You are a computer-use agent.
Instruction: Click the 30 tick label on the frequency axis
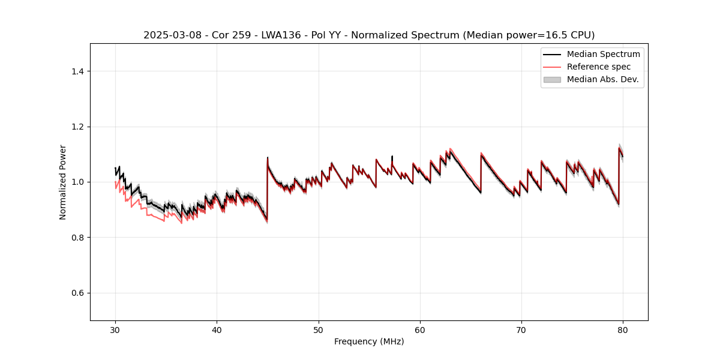tap(115, 330)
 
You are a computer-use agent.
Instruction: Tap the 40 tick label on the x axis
tap(217, 330)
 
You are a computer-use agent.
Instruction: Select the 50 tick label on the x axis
tap(319, 330)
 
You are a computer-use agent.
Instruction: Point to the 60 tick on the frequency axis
tap(420, 330)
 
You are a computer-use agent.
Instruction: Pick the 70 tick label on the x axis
tap(521, 330)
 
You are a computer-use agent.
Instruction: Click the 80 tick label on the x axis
tap(623, 330)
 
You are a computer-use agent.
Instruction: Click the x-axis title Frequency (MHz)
tap(369, 342)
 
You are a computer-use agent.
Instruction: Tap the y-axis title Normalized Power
tap(63, 182)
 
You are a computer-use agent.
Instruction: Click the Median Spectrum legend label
tap(603, 54)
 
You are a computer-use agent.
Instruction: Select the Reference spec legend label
tap(599, 67)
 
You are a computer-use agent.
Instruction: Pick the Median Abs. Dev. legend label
tap(602, 79)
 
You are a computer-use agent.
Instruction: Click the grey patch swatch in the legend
tap(552, 79)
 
